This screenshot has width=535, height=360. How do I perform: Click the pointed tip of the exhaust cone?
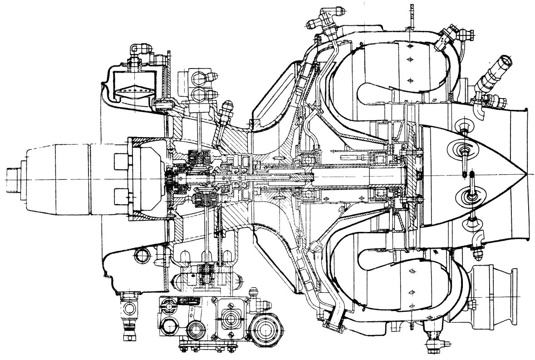point(525,174)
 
